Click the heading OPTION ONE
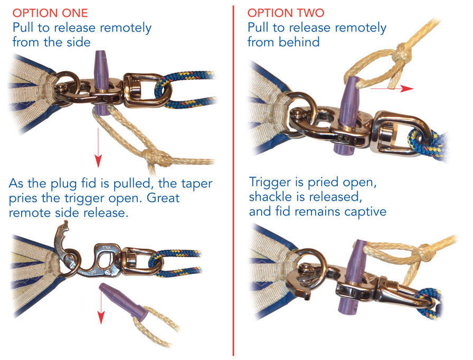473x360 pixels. coord(50,13)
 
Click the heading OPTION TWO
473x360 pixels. coord(286,13)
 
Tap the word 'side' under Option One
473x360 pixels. coord(79,42)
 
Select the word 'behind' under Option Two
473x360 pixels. coord(299,42)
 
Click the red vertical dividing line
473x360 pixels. coord(233,181)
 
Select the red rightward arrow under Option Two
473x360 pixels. coord(392,88)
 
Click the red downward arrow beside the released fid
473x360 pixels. coord(101,304)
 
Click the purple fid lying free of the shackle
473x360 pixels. coord(124,301)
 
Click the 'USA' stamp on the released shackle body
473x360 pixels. coord(107,248)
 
